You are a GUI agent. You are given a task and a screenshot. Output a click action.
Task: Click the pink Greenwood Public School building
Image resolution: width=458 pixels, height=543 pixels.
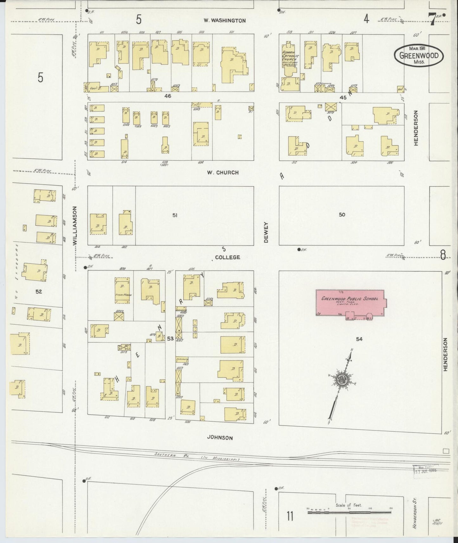pyautogui.click(x=350, y=303)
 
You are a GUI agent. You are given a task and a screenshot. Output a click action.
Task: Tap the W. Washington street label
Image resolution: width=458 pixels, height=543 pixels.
pyautogui.click(x=224, y=21)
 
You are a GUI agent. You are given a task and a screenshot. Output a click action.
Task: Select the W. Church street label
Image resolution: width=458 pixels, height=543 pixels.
pyautogui.click(x=223, y=173)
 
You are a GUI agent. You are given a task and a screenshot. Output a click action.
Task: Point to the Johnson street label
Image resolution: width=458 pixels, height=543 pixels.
pyautogui.click(x=220, y=438)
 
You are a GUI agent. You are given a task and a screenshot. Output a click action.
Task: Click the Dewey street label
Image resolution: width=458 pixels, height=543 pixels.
pyautogui.click(x=266, y=232)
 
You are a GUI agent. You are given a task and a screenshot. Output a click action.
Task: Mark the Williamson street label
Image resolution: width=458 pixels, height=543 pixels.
pyautogui.click(x=75, y=226)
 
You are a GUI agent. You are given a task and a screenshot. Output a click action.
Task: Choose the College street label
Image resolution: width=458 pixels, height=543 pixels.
pyautogui.click(x=227, y=257)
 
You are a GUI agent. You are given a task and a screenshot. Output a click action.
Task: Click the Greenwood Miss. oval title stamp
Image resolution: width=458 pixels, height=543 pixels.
pyautogui.click(x=419, y=56)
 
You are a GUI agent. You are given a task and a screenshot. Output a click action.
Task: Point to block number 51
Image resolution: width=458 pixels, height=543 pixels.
pyautogui.click(x=175, y=215)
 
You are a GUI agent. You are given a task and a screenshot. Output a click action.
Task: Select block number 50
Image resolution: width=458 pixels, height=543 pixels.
pyautogui.click(x=342, y=215)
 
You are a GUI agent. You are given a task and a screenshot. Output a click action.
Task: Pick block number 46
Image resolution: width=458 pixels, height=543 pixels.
pyautogui.click(x=168, y=96)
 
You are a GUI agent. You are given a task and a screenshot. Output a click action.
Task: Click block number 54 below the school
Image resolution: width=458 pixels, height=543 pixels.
pyautogui.click(x=359, y=339)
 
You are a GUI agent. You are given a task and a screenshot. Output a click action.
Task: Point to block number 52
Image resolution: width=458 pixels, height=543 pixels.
pyautogui.click(x=39, y=291)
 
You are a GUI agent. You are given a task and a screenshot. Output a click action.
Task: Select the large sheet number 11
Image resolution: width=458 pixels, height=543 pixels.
pyautogui.click(x=289, y=516)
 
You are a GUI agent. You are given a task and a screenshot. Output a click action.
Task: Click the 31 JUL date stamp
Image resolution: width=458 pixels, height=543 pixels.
pyautogui.click(x=425, y=470)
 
